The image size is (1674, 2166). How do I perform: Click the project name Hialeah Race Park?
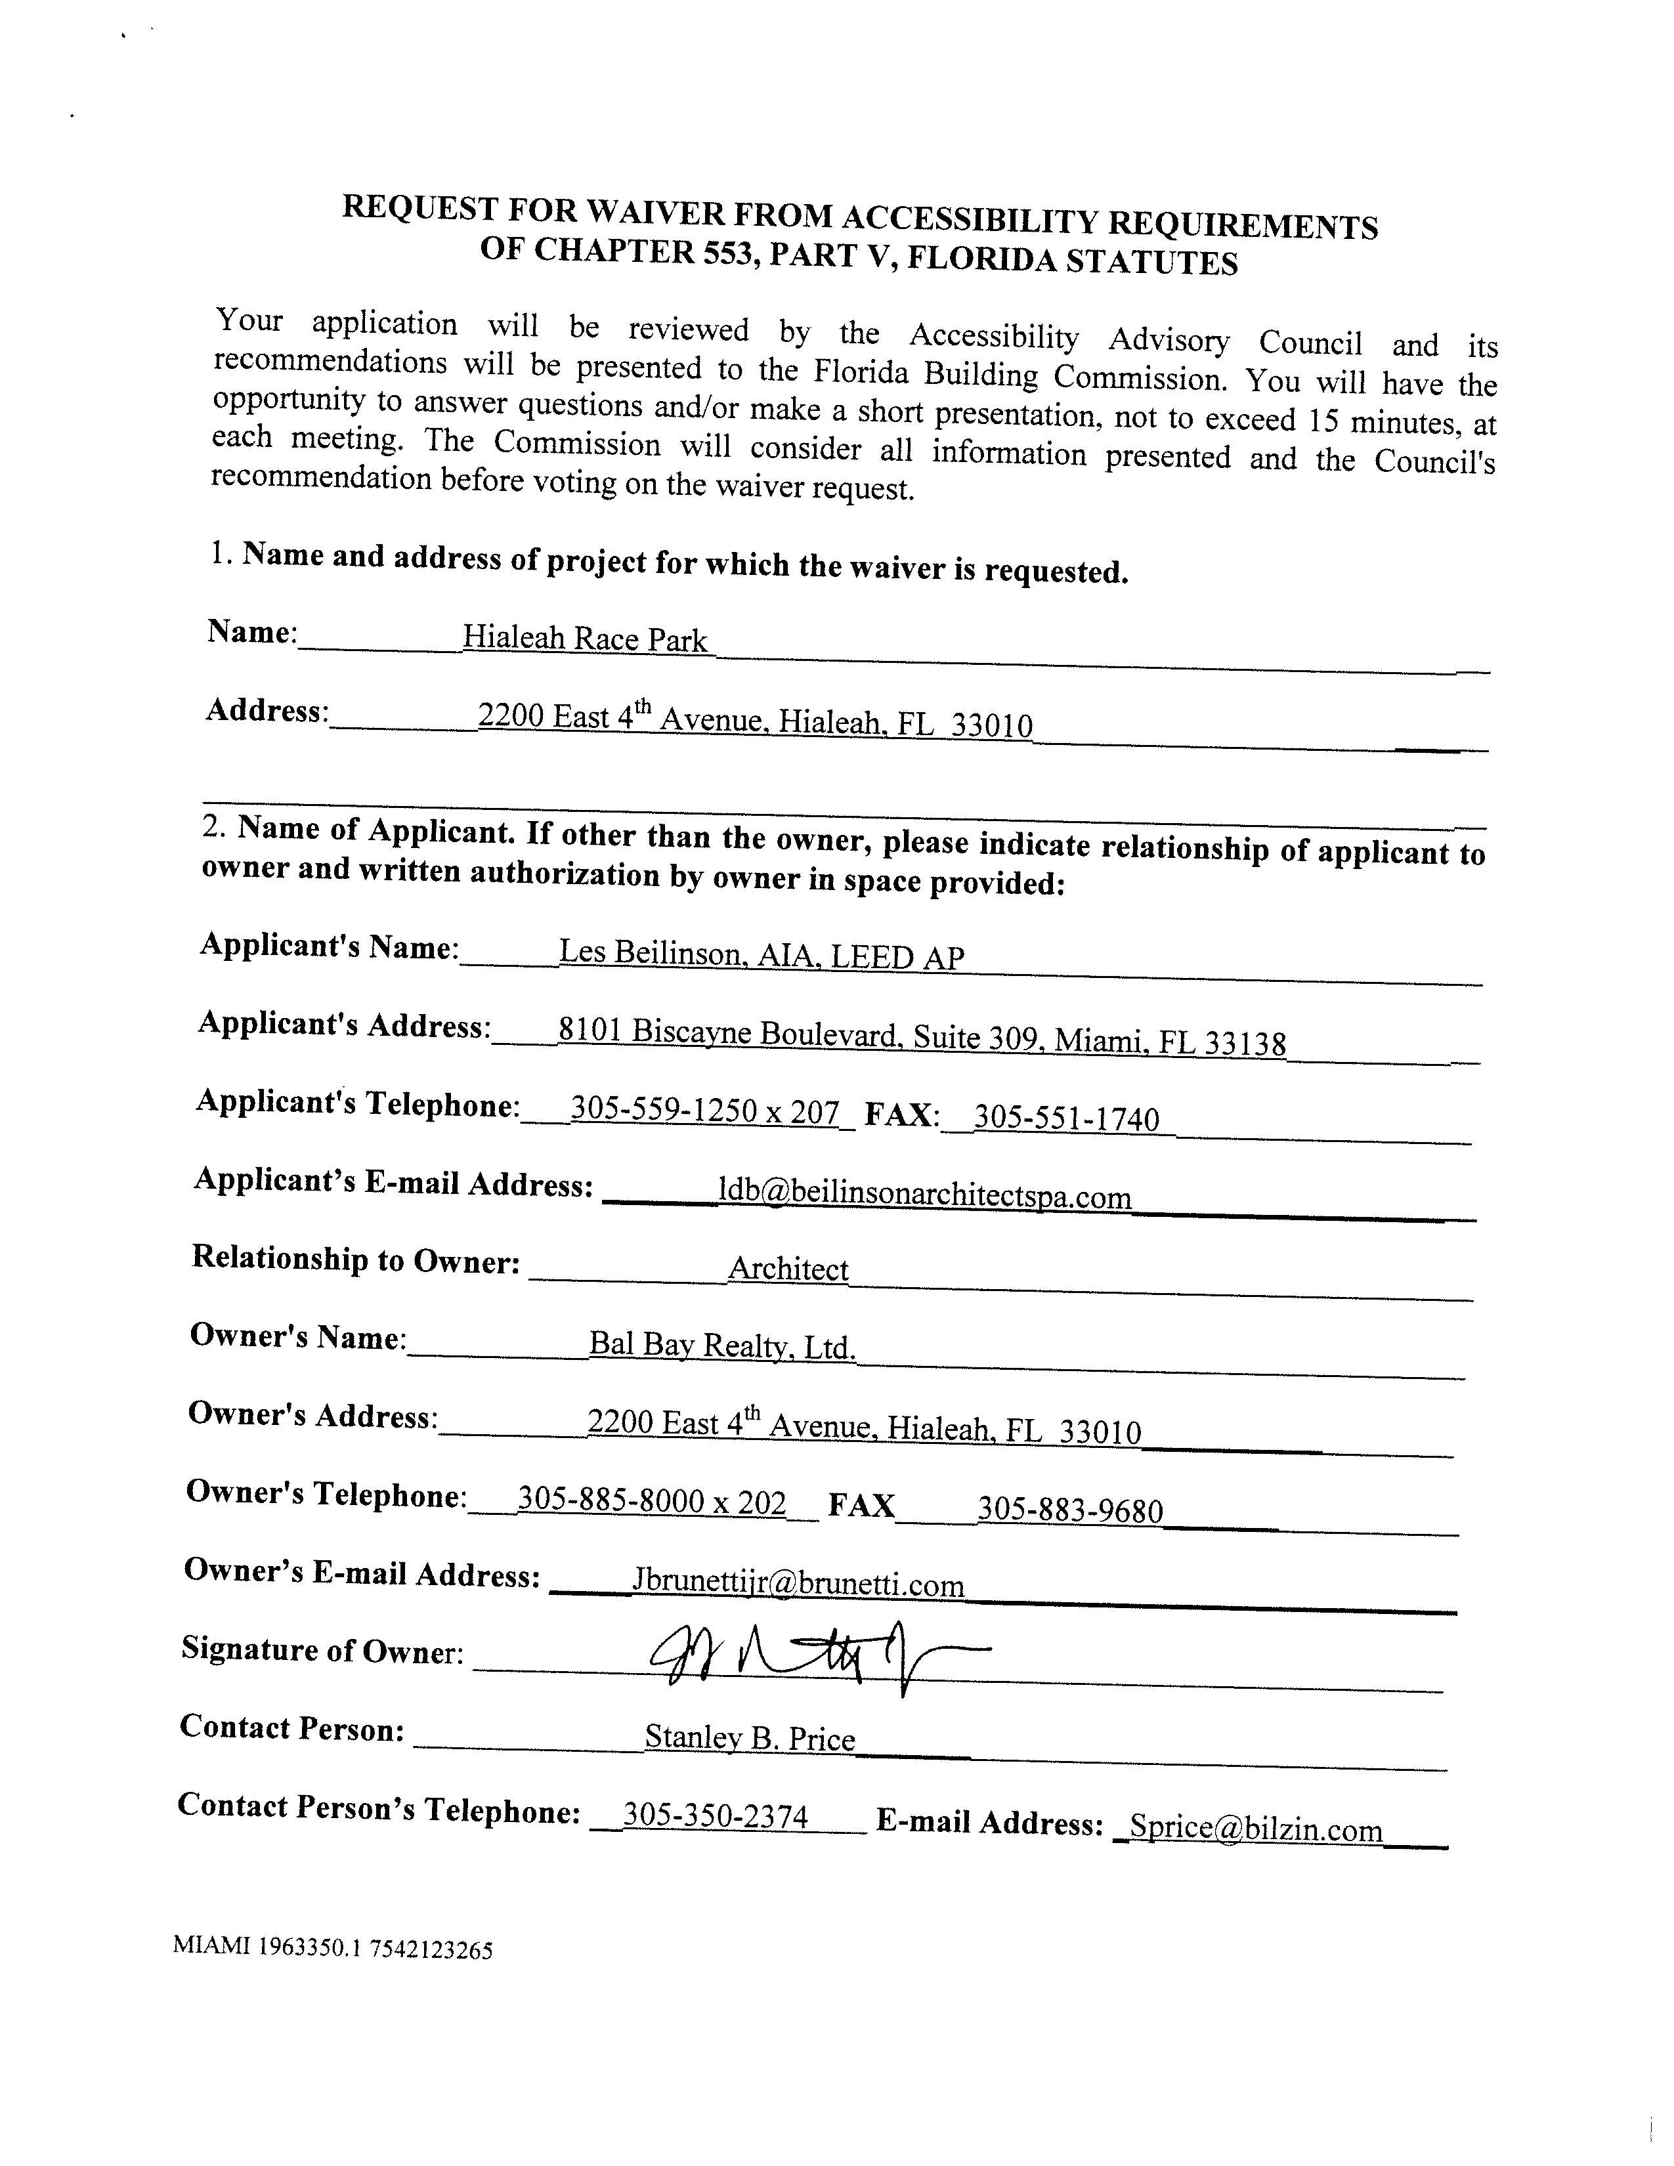[585, 639]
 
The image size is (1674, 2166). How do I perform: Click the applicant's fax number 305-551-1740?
[1066, 1118]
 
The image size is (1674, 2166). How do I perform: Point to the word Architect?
[788, 1269]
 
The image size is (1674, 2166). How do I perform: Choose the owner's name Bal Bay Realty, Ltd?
[722, 1345]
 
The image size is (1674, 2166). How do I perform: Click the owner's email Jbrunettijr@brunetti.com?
[798, 1584]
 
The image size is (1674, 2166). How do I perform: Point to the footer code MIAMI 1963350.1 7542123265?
[332, 1947]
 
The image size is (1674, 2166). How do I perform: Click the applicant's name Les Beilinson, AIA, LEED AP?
[762, 954]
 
